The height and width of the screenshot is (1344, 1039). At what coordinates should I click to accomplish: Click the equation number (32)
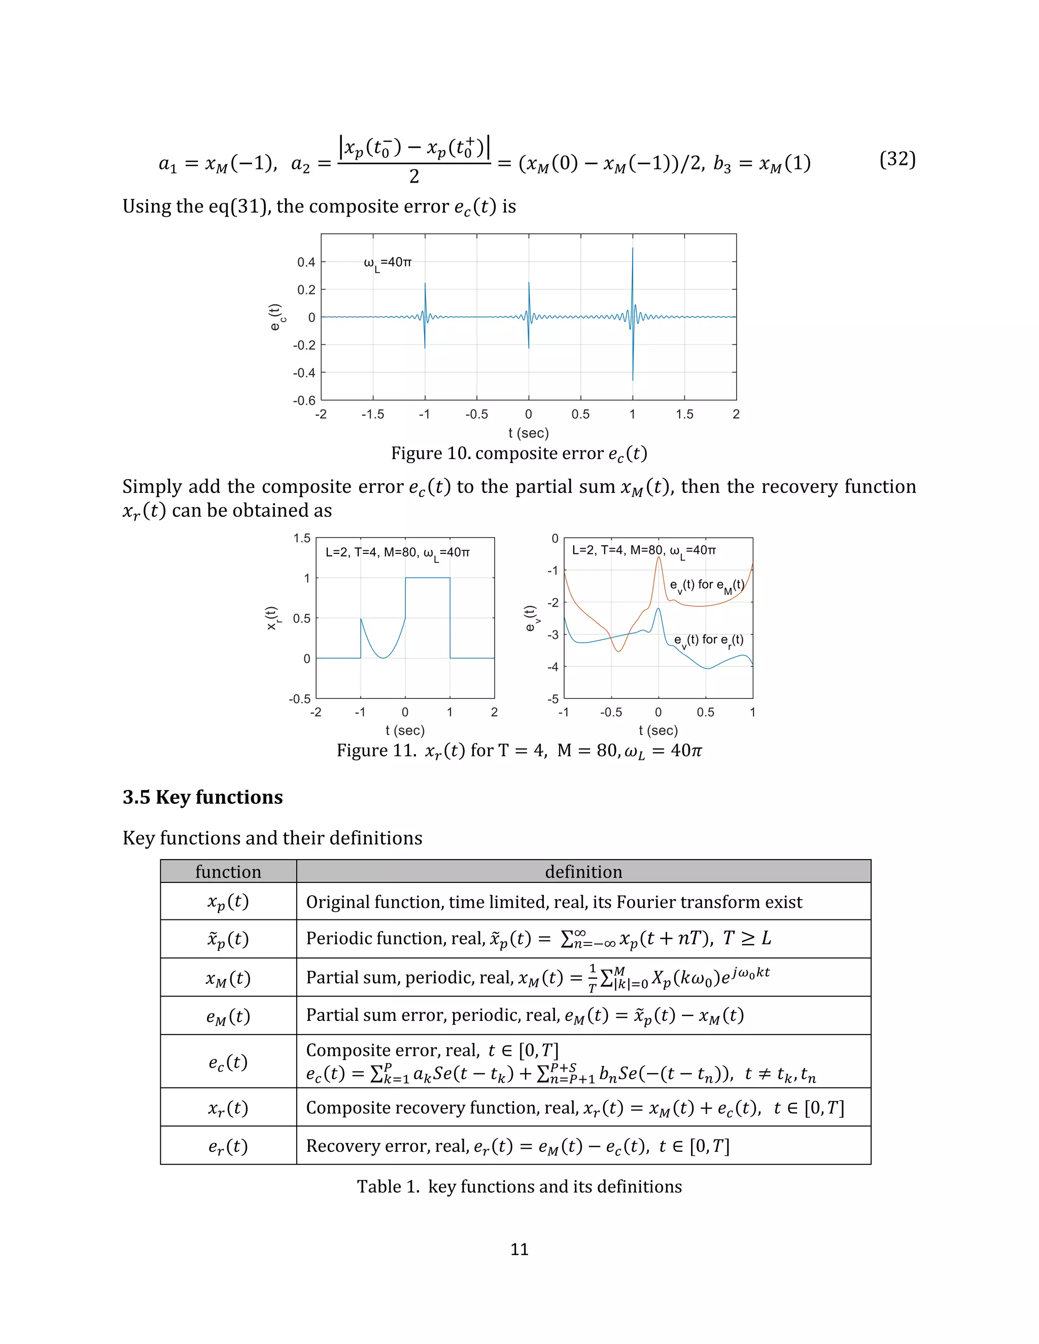(897, 159)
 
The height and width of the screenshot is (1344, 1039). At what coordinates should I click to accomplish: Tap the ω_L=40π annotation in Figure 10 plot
(387, 263)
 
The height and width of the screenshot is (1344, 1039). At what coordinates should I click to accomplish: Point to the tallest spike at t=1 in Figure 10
(633, 259)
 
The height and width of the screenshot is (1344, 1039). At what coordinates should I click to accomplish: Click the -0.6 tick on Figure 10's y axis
(304, 401)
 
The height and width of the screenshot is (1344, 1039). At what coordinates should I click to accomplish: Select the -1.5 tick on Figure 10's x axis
(372, 414)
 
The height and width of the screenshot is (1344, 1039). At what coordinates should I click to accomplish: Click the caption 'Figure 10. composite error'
(519, 453)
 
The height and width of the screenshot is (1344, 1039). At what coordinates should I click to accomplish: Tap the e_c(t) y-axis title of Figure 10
(276, 317)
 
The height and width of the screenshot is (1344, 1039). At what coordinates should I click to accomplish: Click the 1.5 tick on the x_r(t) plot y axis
(302, 539)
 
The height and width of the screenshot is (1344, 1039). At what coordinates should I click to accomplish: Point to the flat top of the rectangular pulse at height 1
(427, 578)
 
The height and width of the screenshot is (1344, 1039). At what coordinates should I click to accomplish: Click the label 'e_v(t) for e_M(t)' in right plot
(707, 585)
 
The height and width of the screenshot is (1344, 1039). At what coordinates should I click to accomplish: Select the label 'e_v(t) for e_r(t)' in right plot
(708, 641)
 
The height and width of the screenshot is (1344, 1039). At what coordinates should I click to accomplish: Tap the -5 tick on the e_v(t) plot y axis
(553, 699)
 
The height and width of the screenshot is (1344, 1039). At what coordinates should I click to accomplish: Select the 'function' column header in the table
(228, 871)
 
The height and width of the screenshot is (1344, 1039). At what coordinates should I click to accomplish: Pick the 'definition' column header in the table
(583, 871)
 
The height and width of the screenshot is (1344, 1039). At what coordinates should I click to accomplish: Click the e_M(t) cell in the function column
(228, 1016)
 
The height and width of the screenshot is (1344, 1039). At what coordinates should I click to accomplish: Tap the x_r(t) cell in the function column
(228, 1108)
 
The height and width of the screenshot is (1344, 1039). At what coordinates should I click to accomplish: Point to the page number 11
(519, 1249)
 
